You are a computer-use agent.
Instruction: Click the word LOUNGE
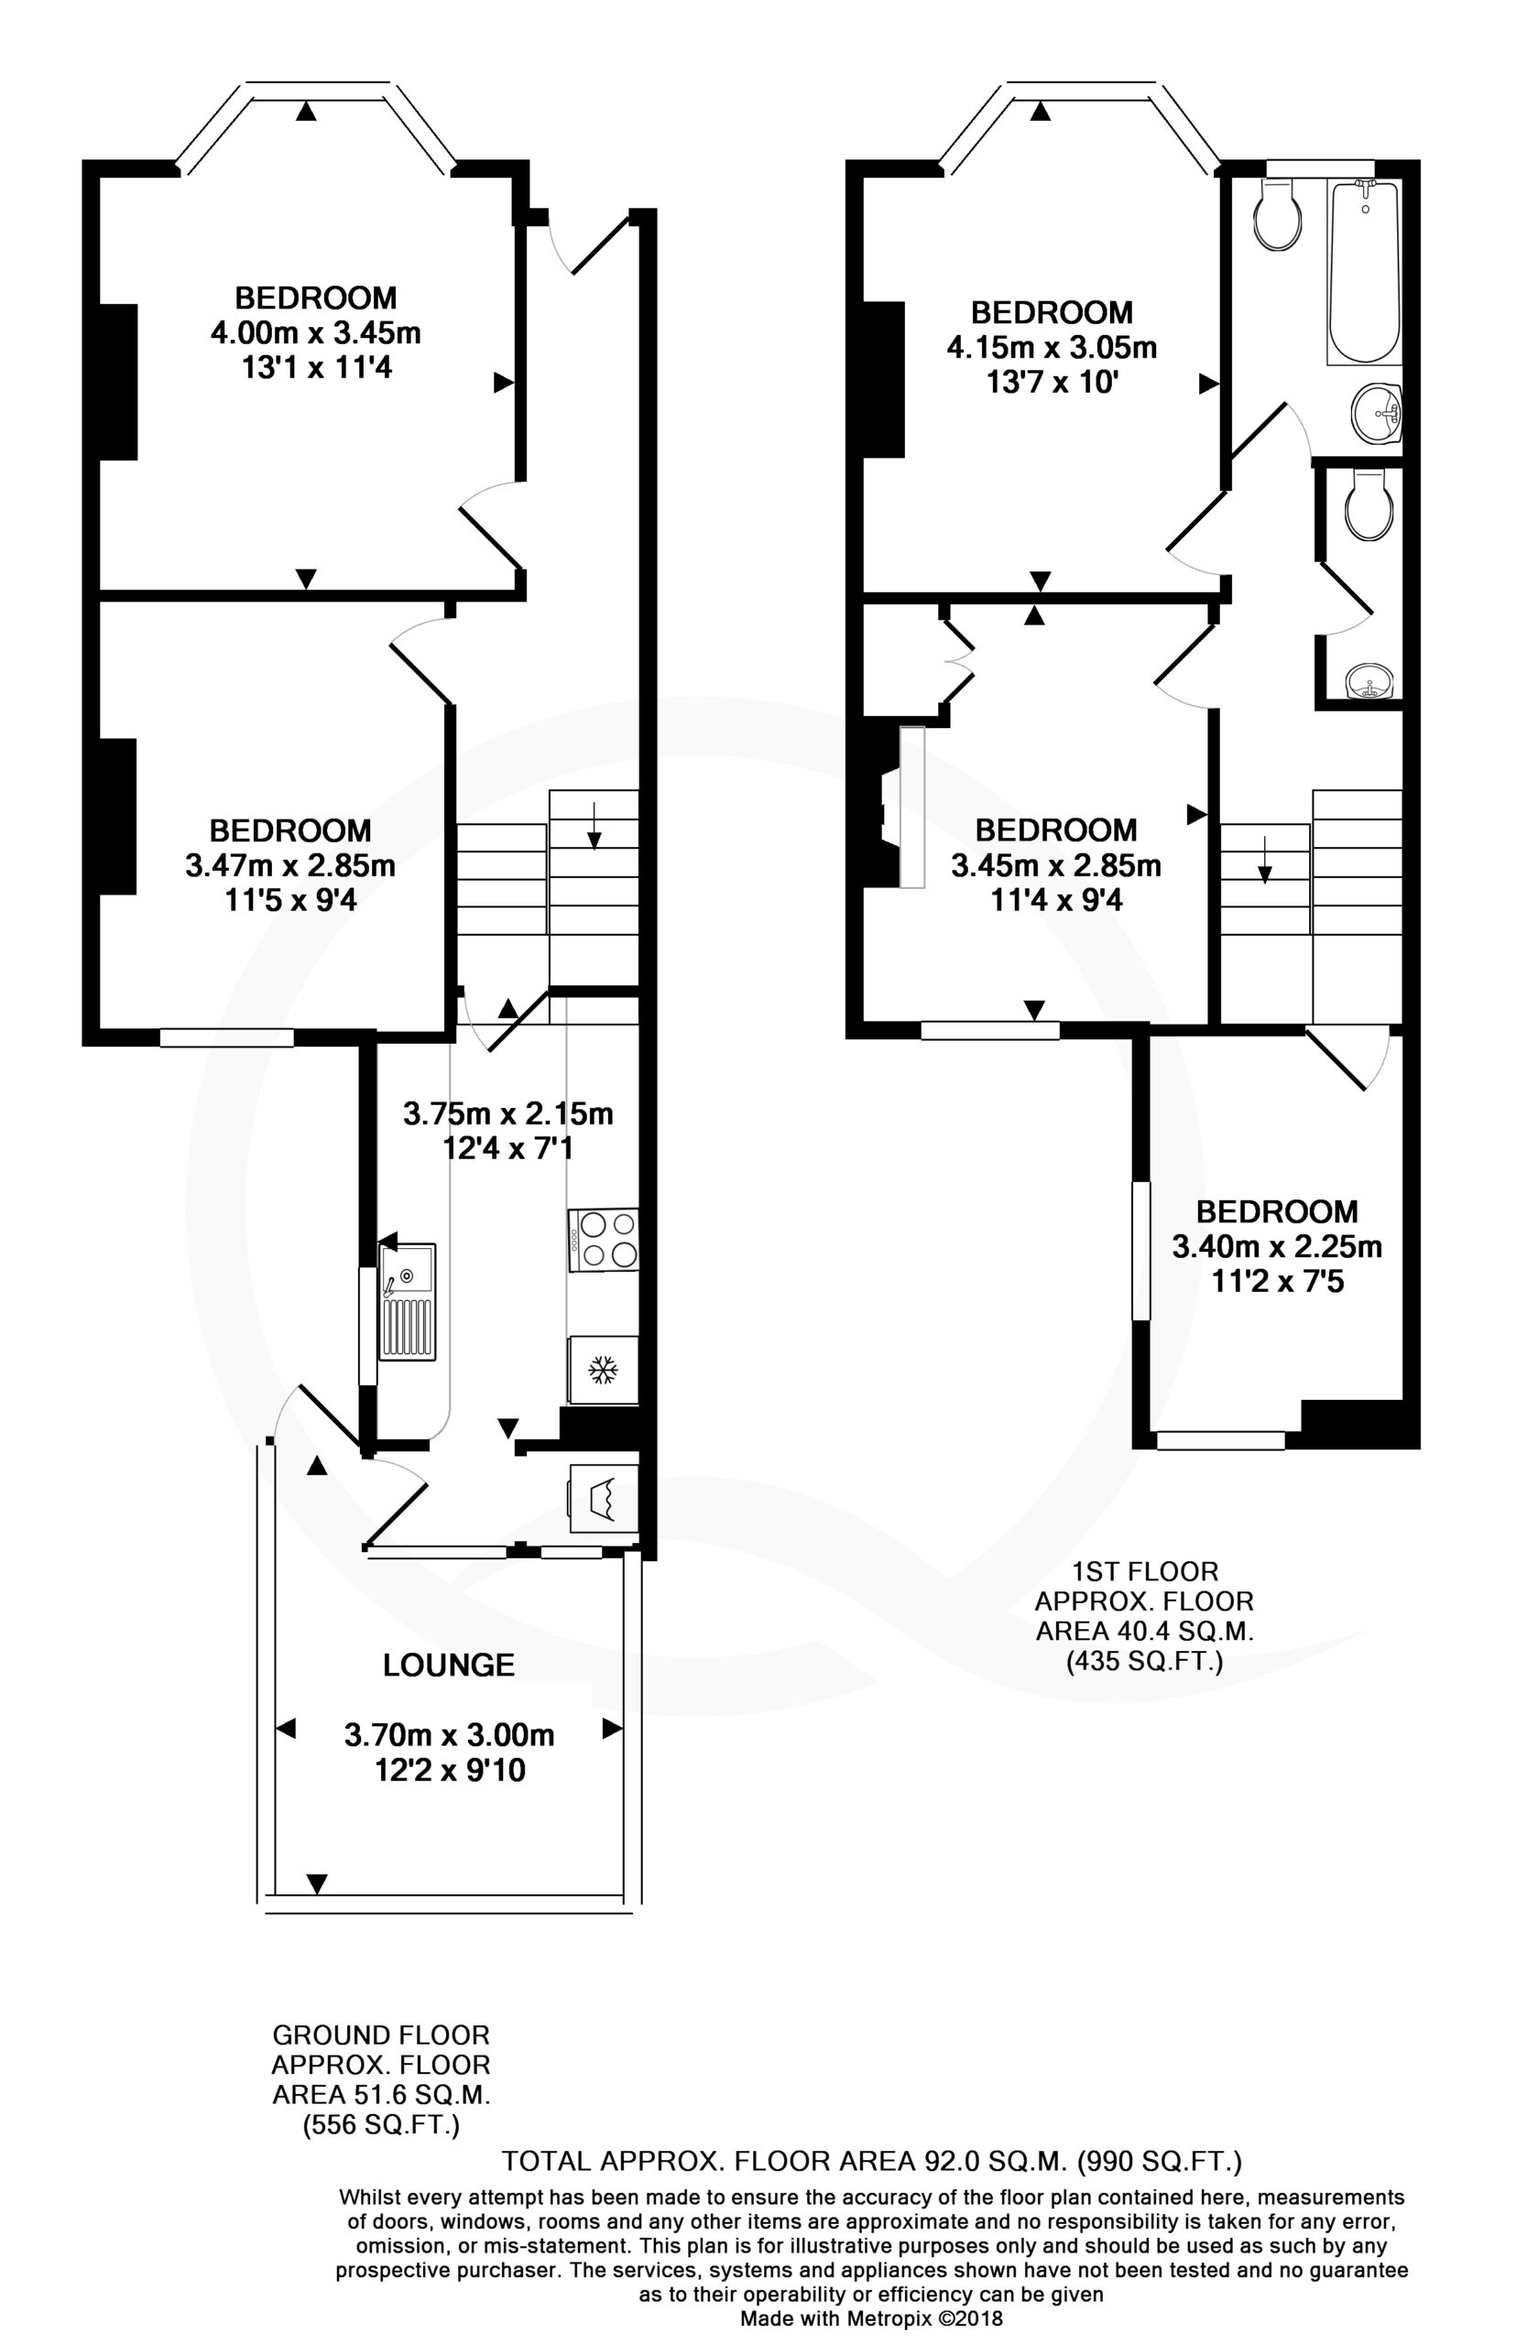[448, 1665]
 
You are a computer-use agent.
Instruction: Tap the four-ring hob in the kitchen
[603, 1239]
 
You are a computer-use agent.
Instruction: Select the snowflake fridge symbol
[603, 1369]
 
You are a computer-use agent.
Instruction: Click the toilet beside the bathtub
[1280, 217]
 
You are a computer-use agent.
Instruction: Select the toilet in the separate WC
[1370, 504]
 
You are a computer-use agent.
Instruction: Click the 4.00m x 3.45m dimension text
[315, 333]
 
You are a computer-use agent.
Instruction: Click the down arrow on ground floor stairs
[594, 825]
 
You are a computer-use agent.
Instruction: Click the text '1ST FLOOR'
[1144, 1571]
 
